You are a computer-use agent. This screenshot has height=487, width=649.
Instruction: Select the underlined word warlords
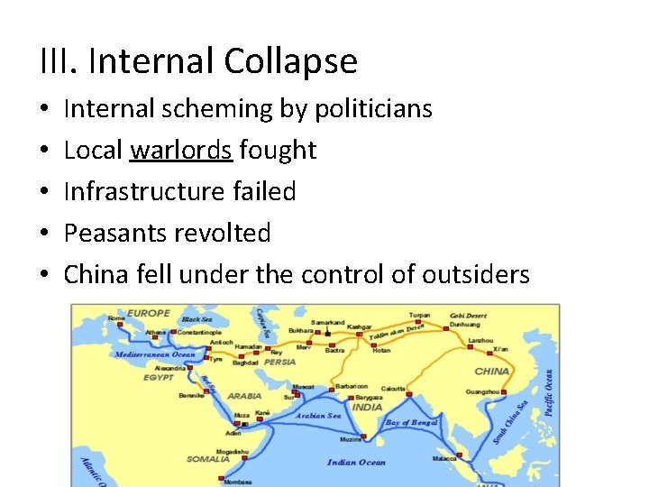tap(180, 151)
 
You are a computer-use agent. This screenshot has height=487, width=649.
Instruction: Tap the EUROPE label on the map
tap(149, 314)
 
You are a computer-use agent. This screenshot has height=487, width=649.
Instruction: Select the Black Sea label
tap(197, 319)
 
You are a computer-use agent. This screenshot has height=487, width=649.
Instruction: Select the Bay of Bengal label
tap(411, 422)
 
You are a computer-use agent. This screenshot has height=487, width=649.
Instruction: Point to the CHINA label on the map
tap(492, 371)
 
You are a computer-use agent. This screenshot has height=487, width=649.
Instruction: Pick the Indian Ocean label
tap(358, 463)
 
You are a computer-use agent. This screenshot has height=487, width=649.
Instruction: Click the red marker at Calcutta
tap(408, 394)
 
